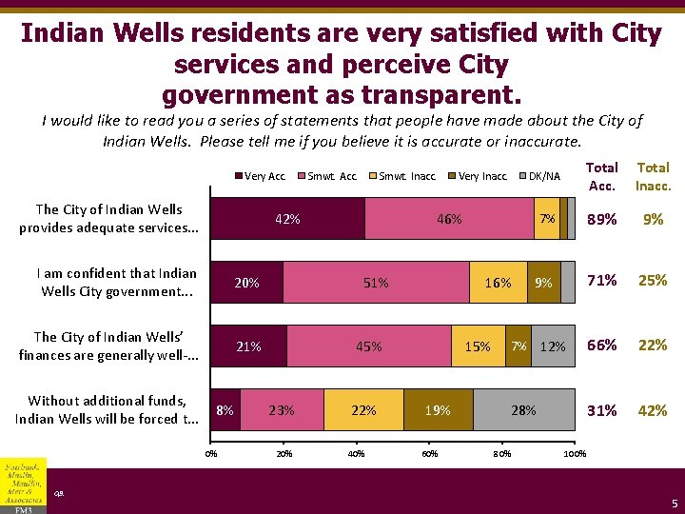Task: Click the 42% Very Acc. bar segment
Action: (287, 219)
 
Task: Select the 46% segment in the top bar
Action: (449, 219)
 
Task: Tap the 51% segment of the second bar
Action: (376, 283)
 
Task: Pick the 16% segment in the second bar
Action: (498, 283)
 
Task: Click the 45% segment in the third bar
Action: (368, 346)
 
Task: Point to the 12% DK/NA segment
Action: (553, 346)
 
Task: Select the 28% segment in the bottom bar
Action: (523, 410)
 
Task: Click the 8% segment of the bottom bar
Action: (225, 410)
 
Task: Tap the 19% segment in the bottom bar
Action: (438, 410)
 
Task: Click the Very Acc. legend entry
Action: (264, 176)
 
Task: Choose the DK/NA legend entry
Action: (543, 176)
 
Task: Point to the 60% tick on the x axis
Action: (429, 453)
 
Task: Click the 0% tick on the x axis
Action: (211, 453)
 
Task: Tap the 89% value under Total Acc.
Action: (602, 219)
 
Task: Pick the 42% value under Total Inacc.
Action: (653, 410)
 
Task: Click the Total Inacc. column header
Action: (653, 176)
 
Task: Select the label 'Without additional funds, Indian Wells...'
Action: (107, 410)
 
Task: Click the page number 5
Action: (674, 503)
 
